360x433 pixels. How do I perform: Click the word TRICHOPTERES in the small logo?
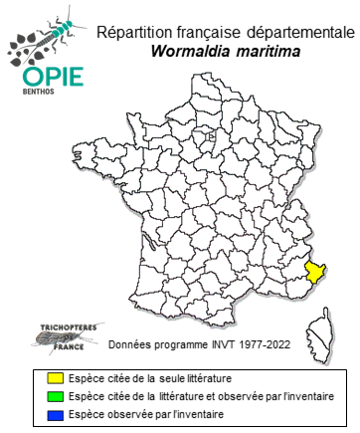(x=51, y=325)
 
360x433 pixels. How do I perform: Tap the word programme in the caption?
(x=174, y=349)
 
